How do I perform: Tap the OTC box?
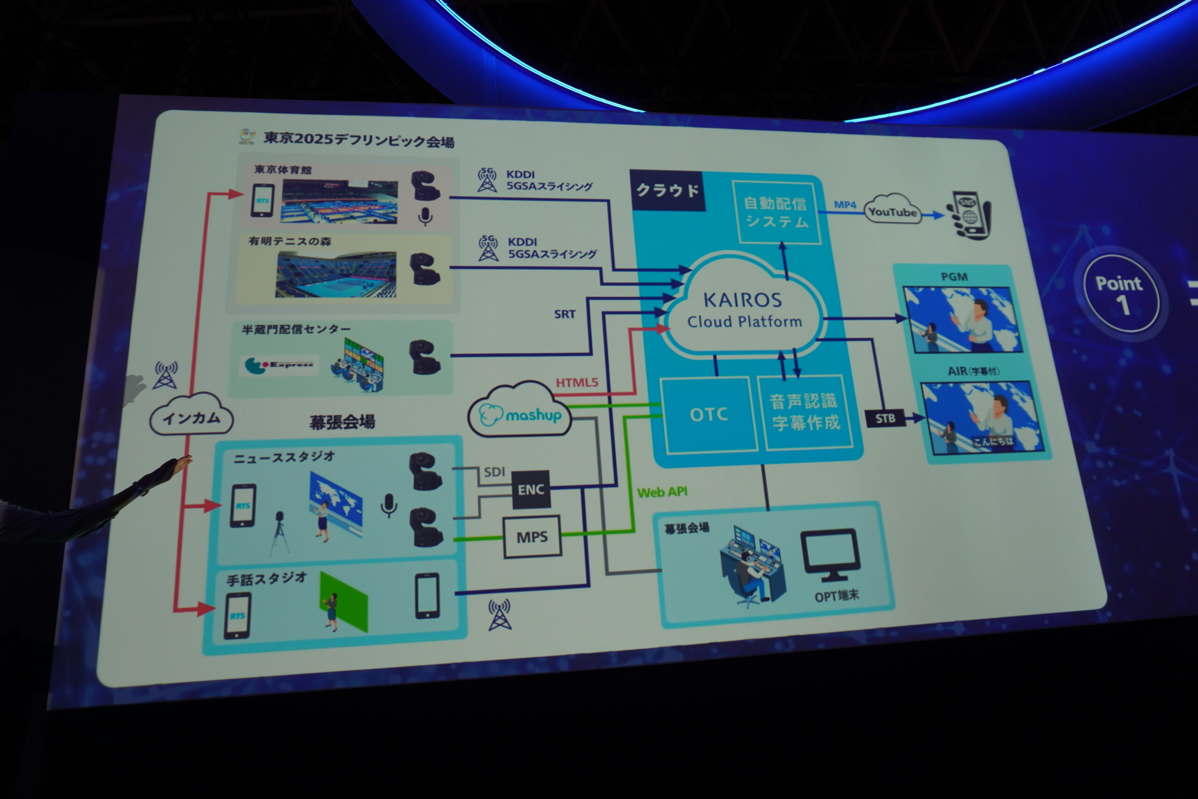point(709,415)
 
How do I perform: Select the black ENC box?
point(531,490)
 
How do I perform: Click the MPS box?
point(532,537)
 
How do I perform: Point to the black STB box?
point(885,419)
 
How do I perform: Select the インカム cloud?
point(191,418)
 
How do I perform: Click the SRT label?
point(564,315)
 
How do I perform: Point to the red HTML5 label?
point(577,383)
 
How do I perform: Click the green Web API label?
point(662,492)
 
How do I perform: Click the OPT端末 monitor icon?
point(830,555)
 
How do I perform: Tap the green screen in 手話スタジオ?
point(344,602)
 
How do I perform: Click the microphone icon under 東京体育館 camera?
point(425,217)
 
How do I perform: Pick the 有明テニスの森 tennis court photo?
point(336,274)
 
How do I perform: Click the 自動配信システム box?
point(776,212)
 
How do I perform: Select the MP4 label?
point(845,205)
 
